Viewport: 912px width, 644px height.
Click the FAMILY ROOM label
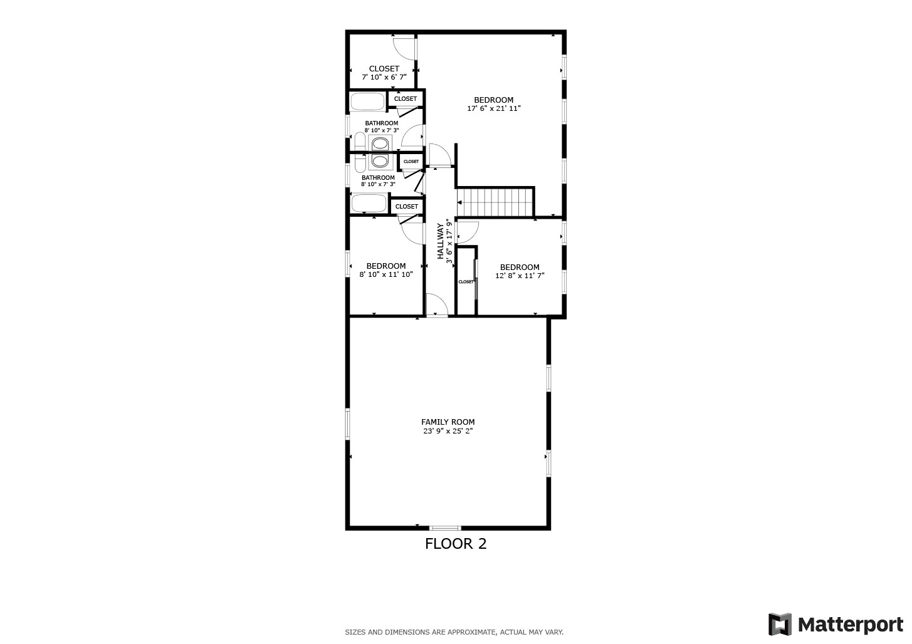(x=448, y=422)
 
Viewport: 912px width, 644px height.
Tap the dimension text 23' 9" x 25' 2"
(x=448, y=431)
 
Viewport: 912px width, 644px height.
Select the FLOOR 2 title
(x=456, y=544)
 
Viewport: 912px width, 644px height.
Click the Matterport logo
(x=836, y=625)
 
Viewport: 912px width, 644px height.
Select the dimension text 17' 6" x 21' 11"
(x=494, y=108)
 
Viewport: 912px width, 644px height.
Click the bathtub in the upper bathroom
(x=368, y=101)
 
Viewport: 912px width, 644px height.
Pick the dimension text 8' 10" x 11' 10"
(x=386, y=274)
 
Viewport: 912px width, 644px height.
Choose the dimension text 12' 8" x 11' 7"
(x=520, y=276)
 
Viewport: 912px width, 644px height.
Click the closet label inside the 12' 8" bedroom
(x=466, y=282)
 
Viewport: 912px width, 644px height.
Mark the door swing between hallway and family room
(x=436, y=305)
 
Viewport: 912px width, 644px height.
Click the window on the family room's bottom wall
(x=445, y=528)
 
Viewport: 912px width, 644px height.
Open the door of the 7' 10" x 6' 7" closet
(x=404, y=48)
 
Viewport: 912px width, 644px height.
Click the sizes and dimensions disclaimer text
(x=454, y=632)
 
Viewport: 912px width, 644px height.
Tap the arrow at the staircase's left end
(x=460, y=202)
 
